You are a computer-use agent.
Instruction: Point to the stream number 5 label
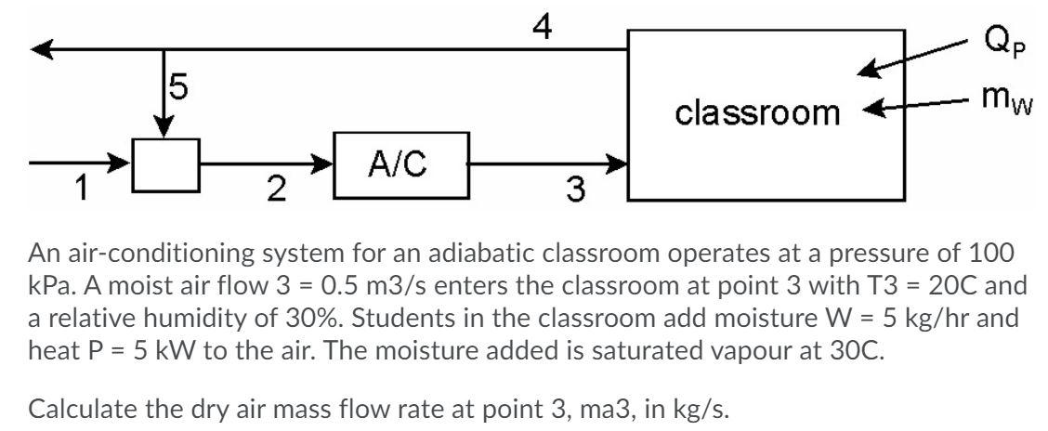pos(180,87)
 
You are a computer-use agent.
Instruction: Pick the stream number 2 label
pos(271,190)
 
